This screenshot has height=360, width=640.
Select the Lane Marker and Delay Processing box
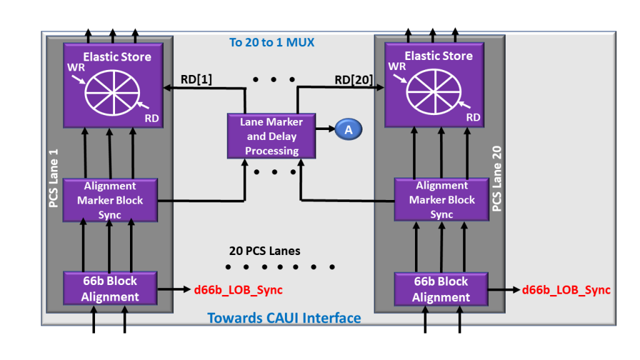tap(271, 136)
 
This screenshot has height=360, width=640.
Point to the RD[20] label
tap(354, 79)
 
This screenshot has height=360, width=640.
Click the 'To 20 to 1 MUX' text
tap(271, 42)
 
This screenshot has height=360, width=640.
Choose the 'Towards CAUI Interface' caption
tap(284, 317)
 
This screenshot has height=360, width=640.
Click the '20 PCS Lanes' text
tap(264, 251)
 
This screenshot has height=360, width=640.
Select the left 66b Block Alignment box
tap(110, 288)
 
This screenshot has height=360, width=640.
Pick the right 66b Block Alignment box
tap(441, 289)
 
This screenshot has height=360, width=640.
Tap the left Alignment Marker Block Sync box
tap(110, 200)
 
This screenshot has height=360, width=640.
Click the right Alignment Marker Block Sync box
tap(441, 200)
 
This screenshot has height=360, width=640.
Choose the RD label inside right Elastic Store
tap(473, 117)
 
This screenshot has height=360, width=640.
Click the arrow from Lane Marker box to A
tap(326, 129)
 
